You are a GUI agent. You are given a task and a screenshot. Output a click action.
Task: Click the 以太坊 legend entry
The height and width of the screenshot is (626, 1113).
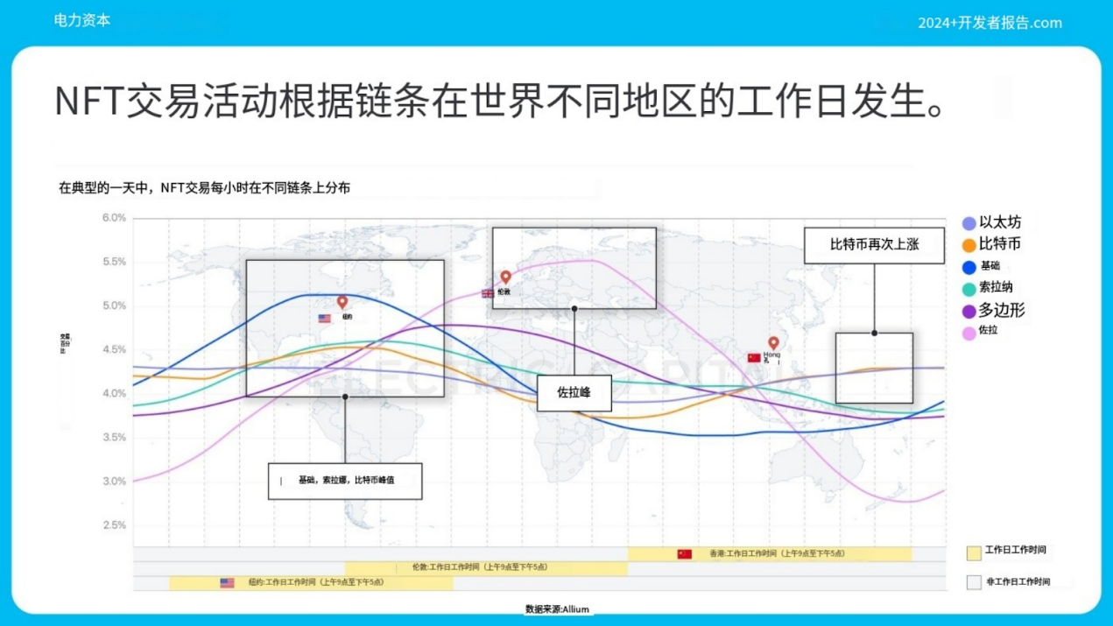(992, 223)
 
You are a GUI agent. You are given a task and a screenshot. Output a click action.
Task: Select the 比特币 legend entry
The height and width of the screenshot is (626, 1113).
(992, 244)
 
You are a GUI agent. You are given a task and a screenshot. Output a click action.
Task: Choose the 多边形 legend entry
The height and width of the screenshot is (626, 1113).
(994, 310)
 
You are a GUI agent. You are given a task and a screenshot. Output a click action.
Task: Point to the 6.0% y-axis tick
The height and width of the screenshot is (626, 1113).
(114, 218)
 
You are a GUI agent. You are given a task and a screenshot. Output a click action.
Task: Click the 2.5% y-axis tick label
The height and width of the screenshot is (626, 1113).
(114, 525)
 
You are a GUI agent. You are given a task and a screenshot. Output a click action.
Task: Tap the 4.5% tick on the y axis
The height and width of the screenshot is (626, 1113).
(114, 349)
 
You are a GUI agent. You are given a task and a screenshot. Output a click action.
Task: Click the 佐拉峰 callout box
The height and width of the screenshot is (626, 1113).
(574, 393)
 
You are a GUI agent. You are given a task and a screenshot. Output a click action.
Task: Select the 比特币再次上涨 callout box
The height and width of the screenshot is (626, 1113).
(874, 245)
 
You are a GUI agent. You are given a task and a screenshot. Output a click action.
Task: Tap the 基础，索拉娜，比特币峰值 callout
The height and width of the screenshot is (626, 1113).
(345, 481)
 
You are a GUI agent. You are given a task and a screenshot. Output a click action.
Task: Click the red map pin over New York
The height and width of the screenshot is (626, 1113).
(342, 302)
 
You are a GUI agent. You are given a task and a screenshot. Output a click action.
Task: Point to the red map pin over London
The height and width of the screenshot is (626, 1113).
(505, 278)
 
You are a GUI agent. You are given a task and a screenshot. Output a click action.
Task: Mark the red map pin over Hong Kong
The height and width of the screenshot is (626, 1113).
(773, 343)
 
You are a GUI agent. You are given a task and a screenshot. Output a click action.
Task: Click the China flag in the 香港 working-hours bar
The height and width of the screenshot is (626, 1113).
(685, 554)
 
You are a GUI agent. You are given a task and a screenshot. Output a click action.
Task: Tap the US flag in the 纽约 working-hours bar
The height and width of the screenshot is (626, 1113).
(227, 582)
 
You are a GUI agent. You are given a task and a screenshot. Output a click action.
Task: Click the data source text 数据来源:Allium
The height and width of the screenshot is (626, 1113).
(557, 609)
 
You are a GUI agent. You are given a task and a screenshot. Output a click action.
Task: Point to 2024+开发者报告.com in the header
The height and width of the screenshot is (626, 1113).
(990, 23)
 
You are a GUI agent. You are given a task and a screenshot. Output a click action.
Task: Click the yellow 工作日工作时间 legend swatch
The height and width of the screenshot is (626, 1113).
(974, 552)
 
